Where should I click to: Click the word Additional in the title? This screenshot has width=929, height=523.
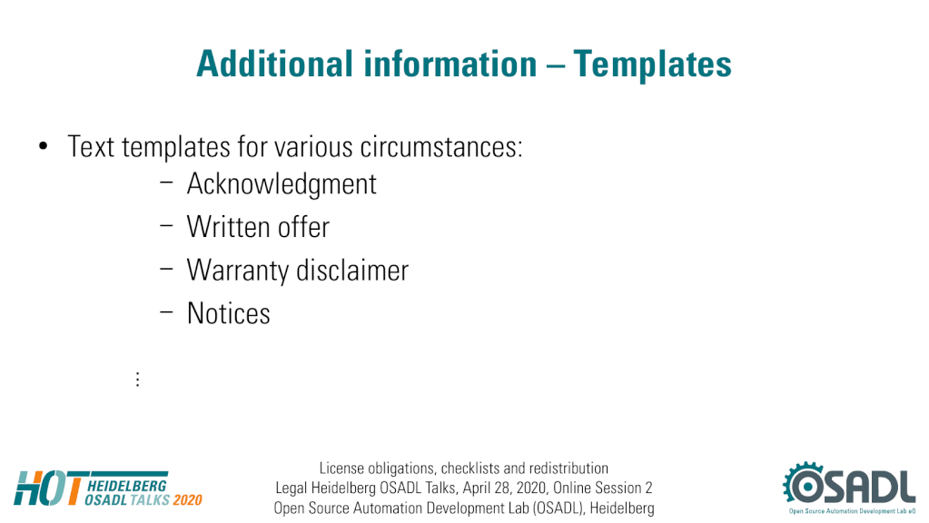274,64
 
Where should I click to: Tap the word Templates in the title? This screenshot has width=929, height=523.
652,64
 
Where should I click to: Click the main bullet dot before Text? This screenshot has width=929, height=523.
43,145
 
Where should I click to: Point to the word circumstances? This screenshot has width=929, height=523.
441,147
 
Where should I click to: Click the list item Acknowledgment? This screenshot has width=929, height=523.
282,184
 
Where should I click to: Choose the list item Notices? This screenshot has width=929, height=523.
228,313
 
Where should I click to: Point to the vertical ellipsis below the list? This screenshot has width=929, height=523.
137,379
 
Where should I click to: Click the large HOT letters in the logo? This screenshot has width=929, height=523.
50,488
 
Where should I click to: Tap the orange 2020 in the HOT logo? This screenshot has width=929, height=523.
188,500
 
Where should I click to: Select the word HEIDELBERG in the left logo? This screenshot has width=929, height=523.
127,486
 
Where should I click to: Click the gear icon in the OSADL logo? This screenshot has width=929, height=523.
804,484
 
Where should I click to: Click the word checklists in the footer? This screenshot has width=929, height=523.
470,469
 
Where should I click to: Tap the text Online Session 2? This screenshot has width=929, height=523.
603,488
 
